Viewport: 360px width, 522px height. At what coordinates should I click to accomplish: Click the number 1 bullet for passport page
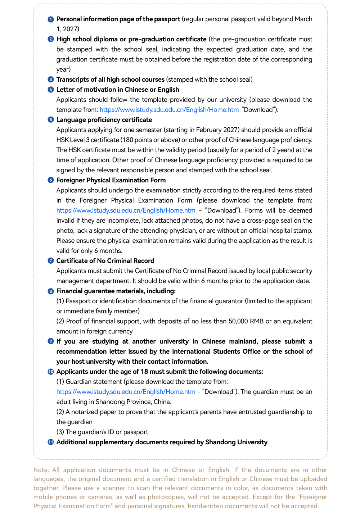(x=51, y=19)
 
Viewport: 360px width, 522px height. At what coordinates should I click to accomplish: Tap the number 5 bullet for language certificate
(x=51, y=120)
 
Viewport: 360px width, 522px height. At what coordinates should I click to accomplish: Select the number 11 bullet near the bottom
(x=51, y=442)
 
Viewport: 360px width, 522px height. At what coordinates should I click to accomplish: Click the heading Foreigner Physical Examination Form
(x=111, y=180)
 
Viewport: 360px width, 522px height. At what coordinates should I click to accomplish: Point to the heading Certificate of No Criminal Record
(x=105, y=261)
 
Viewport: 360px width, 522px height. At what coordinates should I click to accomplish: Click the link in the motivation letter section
(x=169, y=110)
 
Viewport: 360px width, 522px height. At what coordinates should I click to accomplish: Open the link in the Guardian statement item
(x=126, y=392)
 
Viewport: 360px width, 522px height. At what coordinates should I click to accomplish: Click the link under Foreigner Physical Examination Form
(x=126, y=210)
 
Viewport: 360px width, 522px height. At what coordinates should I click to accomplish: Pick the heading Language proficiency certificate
(x=104, y=120)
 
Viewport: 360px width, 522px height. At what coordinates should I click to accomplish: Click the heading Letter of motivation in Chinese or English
(x=118, y=90)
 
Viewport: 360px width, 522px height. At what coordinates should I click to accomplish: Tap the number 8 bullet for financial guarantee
(x=51, y=291)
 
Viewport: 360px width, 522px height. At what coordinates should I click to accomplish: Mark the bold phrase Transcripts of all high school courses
(x=110, y=80)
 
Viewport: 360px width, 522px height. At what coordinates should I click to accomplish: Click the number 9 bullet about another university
(x=51, y=341)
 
